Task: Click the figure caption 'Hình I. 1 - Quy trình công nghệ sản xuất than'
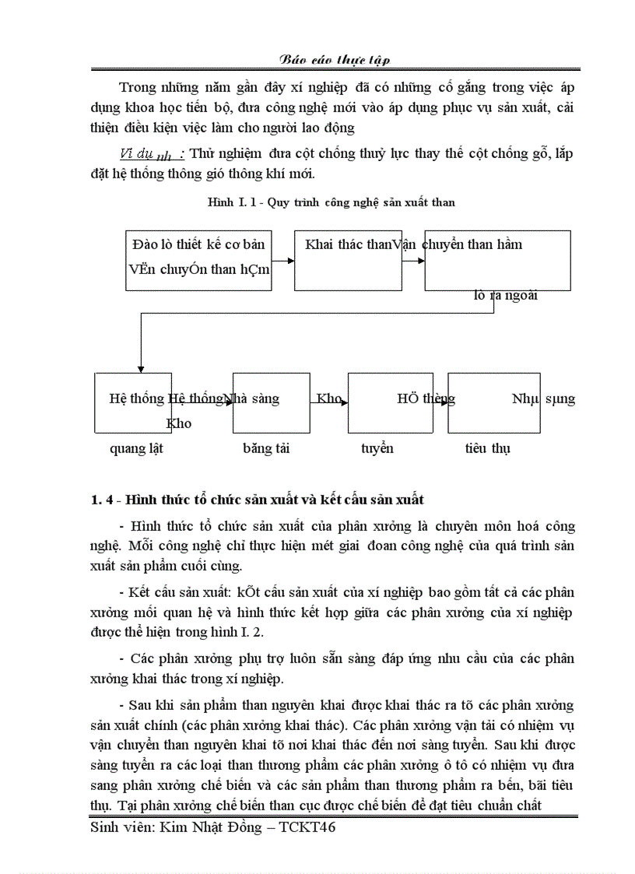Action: click(x=331, y=202)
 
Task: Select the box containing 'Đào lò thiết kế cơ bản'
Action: click(x=198, y=261)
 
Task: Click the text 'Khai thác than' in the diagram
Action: click(x=347, y=244)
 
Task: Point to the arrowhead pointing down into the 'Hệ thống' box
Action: click(x=140, y=367)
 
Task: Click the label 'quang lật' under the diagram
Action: click(x=136, y=448)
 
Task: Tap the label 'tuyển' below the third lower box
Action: click(x=377, y=448)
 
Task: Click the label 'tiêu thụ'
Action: click(x=488, y=448)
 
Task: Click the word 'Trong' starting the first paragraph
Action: click(x=137, y=86)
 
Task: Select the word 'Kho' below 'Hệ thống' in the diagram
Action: click(x=179, y=424)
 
